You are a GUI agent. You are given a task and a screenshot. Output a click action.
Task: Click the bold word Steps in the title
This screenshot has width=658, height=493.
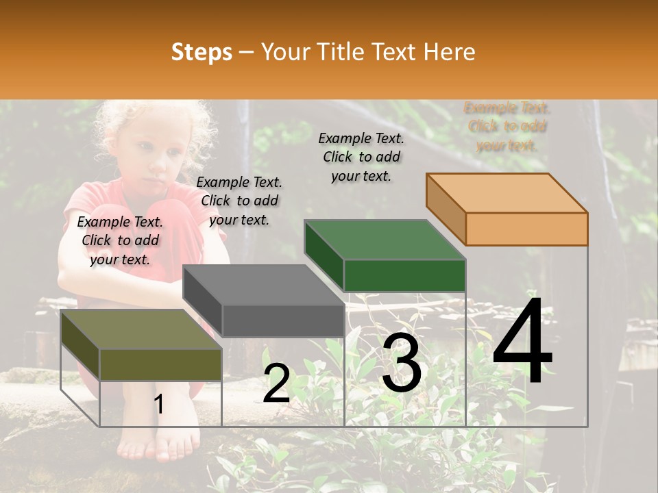pos(202,52)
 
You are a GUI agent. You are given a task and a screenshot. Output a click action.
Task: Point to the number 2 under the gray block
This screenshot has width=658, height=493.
pos(276,383)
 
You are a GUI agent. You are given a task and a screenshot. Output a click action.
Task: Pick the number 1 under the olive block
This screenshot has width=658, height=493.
pos(159,404)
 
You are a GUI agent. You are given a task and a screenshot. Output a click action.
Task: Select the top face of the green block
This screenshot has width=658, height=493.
pos(385,240)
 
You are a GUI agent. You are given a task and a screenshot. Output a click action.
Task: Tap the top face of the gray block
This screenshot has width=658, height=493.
pos(264,285)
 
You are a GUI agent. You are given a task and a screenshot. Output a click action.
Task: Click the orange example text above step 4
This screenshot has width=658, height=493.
pos(507,127)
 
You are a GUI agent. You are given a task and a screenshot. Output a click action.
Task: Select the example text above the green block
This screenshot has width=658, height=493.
pos(362,157)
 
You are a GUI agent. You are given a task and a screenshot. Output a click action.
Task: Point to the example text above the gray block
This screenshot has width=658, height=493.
pos(239,201)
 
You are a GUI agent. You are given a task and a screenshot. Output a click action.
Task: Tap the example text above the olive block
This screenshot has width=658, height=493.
pos(121,240)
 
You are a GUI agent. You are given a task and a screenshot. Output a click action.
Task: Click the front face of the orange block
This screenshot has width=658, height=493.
pos(526,229)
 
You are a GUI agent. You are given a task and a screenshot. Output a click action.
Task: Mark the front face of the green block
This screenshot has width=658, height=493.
pos(404,275)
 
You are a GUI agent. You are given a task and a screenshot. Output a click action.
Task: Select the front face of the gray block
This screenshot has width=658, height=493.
pos(283,320)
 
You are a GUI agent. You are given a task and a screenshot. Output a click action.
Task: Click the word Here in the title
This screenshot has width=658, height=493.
pos(450,52)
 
